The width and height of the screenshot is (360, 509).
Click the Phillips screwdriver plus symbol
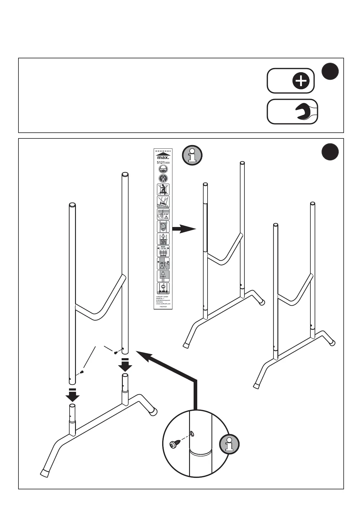pyautogui.click(x=301, y=81)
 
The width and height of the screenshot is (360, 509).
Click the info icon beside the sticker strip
pyautogui.click(x=191, y=155)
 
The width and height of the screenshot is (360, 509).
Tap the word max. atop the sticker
pyautogui.click(x=163, y=157)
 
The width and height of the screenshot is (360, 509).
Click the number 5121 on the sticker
pyautogui.click(x=160, y=163)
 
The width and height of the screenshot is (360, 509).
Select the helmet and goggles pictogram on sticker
pyautogui.click(x=163, y=169)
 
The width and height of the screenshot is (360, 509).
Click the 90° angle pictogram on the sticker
pyautogui.click(x=163, y=214)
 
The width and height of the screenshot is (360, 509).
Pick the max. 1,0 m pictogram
pyautogui.click(x=163, y=251)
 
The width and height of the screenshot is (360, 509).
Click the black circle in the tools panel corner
pyautogui.click(x=330, y=72)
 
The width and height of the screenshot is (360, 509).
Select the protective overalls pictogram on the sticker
pyautogui.click(x=163, y=178)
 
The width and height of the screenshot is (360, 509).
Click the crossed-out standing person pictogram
pyautogui.click(x=163, y=190)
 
